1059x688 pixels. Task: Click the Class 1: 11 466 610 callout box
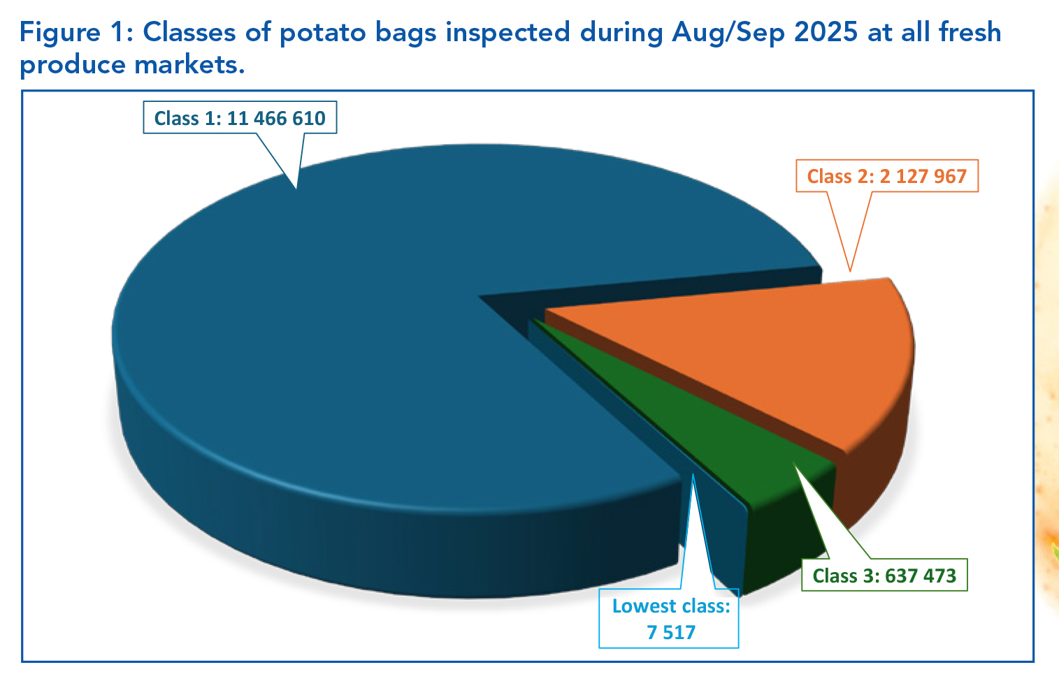(240, 118)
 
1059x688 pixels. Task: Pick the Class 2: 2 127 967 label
(886, 175)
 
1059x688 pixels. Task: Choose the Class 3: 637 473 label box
(884, 576)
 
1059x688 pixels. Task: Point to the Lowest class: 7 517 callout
(670, 619)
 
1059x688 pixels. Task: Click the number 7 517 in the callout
(671, 633)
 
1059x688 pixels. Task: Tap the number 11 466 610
(276, 118)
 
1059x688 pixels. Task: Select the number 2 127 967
(923, 175)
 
